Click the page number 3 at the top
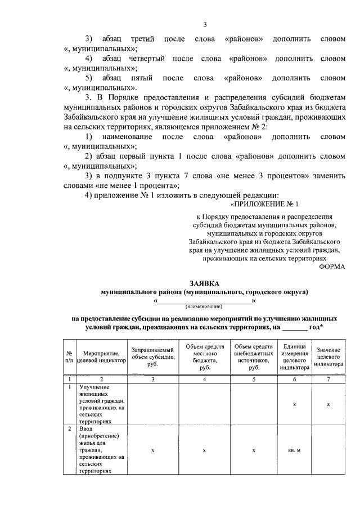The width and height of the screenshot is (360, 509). click(x=205, y=24)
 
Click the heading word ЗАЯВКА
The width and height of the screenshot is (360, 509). click(x=205, y=283)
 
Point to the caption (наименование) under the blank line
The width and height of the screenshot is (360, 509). click(x=205, y=307)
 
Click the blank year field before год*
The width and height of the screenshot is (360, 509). click(x=294, y=327)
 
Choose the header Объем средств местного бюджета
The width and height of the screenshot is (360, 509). click(x=204, y=356)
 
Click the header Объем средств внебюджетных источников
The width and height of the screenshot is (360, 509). click(x=254, y=356)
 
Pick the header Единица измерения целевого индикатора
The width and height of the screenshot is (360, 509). click(x=296, y=357)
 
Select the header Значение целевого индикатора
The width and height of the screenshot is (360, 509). click(x=328, y=357)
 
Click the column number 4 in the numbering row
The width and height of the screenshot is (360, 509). click(x=204, y=379)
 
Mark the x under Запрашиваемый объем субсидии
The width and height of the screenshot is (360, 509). click(x=153, y=450)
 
